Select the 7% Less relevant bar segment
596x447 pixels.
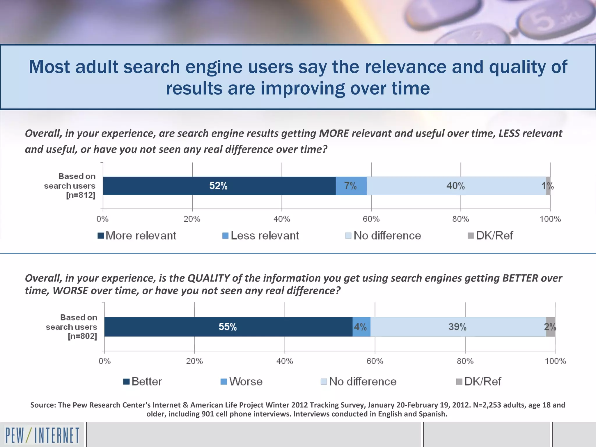pyautogui.click(x=351, y=186)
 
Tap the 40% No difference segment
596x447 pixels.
pyautogui.click(x=456, y=186)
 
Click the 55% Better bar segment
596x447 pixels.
pyautogui.click(x=228, y=327)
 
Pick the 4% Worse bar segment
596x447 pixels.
pyautogui.click(x=361, y=327)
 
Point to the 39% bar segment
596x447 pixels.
pyautogui.click(x=457, y=327)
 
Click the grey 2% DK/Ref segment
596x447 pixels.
pyautogui.click(x=550, y=327)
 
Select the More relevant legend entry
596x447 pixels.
pyautogui.click(x=137, y=235)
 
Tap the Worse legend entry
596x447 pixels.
pyautogui.click(x=242, y=382)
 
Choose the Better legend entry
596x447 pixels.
pyautogui.click(x=143, y=382)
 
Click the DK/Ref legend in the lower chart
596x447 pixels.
pyautogui.click(x=478, y=382)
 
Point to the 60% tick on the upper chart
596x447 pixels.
pyautogui.click(x=371, y=219)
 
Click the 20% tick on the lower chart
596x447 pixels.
pyautogui.click(x=194, y=361)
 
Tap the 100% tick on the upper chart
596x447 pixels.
pyautogui.click(x=550, y=219)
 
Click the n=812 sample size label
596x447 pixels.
pyautogui.click(x=81, y=195)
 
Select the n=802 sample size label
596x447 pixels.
pyautogui.click(x=82, y=336)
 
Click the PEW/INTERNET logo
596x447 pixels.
pyautogui.click(x=42, y=435)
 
